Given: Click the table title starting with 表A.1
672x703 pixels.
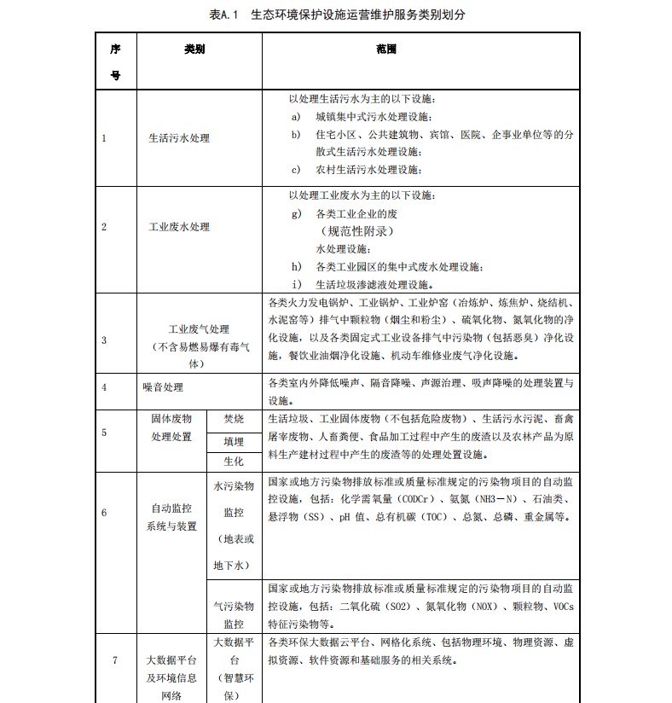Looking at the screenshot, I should click(337, 15).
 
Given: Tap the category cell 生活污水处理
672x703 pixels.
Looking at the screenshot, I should click(179, 138).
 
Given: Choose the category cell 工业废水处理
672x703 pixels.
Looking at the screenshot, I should click(179, 227).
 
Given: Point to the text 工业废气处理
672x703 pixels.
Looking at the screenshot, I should click(199, 328).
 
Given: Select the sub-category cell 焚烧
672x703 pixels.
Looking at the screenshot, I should click(233, 419).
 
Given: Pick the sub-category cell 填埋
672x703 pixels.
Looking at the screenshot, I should click(233, 441).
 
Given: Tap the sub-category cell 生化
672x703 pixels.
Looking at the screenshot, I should click(233, 461).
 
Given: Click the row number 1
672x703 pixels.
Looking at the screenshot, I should click(104, 138).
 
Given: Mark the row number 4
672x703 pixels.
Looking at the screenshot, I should click(104, 386).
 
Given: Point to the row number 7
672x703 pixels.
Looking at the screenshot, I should click(115, 659).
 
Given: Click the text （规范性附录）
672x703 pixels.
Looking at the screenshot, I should click(356, 231).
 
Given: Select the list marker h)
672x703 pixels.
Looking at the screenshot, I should click(296, 266).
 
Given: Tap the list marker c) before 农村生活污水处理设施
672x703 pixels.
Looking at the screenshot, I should click(296, 169).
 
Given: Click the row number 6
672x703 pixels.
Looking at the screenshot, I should click(104, 513).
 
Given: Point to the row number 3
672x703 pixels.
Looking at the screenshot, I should click(104, 340).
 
